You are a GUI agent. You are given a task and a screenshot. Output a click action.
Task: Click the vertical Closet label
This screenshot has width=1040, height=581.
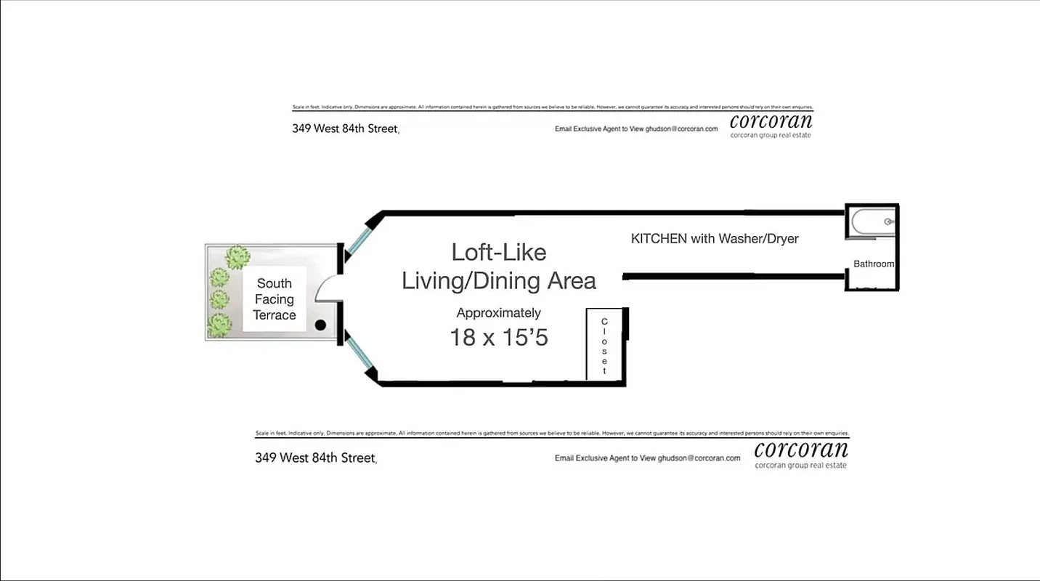pyautogui.click(x=604, y=346)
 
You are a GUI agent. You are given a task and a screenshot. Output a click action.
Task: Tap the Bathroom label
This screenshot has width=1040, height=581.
pyautogui.click(x=873, y=264)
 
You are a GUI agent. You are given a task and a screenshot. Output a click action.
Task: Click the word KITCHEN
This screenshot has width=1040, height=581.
pyautogui.click(x=659, y=238)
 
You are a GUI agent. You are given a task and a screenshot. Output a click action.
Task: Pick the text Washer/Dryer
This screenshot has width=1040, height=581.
pyautogui.click(x=758, y=238)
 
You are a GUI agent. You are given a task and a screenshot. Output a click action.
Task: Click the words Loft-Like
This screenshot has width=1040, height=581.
pyautogui.click(x=498, y=252)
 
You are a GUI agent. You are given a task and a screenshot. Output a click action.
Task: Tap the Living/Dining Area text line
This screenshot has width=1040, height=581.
pyautogui.click(x=498, y=280)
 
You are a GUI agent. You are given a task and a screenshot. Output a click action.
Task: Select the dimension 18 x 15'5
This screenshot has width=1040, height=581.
pyautogui.click(x=498, y=337)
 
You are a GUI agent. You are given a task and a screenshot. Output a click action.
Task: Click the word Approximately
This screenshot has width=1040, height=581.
pyautogui.click(x=498, y=313)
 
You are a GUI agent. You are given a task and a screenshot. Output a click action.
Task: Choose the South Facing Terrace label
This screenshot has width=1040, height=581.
pyautogui.click(x=275, y=299)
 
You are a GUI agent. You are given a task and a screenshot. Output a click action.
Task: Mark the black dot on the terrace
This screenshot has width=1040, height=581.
pyautogui.click(x=320, y=326)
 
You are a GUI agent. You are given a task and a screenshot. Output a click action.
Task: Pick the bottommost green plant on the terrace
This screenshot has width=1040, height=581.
pyautogui.click(x=219, y=325)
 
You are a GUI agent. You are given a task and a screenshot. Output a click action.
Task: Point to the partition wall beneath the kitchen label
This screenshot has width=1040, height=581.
pyautogui.click(x=734, y=276)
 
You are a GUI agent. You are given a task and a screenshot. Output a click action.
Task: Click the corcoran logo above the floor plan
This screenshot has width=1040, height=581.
pyautogui.click(x=771, y=123)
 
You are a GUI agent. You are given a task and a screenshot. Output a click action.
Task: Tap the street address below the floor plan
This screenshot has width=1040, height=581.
pyautogui.click(x=315, y=458)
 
